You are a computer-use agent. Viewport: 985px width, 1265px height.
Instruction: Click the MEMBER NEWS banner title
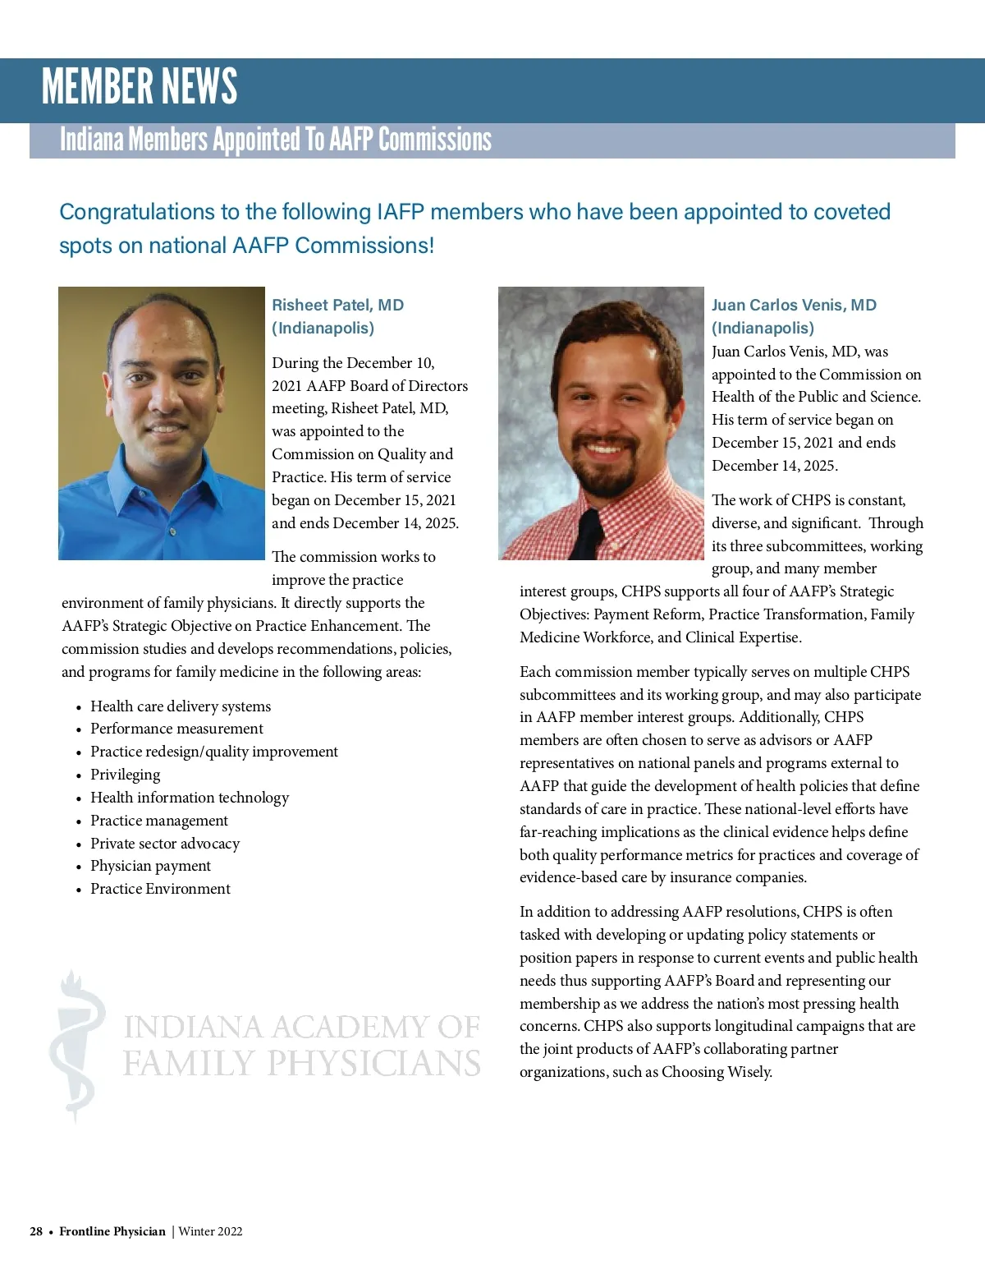pyautogui.click(x=140, y=87)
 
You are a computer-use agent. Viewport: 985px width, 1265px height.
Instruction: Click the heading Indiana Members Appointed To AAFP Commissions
pyautogui.click(x=276, y=140)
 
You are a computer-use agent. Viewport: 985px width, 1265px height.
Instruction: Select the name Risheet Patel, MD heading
pyautogui.click(x=337, y=305)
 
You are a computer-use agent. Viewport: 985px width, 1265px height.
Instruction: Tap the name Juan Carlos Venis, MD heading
pyautogui.click(x=794, y=305)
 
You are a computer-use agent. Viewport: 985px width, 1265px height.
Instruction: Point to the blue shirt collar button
pyautogui.click(x=172, y=532)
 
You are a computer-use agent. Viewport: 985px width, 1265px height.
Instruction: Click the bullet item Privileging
pyautogui.click(x=125, y=775)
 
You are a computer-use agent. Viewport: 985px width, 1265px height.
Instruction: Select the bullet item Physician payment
pyautogui.click(x=150, y=866)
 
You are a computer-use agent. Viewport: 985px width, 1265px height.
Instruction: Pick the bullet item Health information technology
pyautogui.click(x=190, y=798)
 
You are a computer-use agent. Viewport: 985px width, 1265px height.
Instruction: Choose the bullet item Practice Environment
pyautogui.click(x=160, y=889)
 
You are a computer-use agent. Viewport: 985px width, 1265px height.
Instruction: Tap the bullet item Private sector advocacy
pyautogui.click(x=165, y=844)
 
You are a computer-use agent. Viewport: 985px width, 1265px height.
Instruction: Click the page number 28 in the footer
pyautogui.click(x=36, y=1231)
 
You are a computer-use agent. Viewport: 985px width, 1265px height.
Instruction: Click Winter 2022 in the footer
pyautogui.click(x=210, y=1231)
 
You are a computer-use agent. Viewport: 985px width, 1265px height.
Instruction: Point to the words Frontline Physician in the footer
pyautogui.click(x=112, y=1231)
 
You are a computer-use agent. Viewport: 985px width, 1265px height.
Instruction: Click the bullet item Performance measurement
pyautogui.click(x=176, y=729)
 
